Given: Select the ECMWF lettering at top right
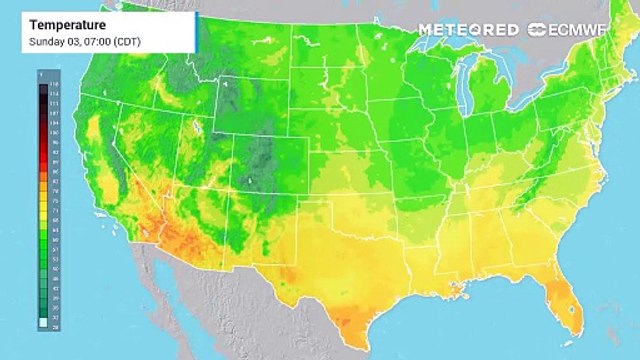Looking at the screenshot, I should tap(580, 29).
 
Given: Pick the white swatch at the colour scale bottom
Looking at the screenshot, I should tap(41, 324).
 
